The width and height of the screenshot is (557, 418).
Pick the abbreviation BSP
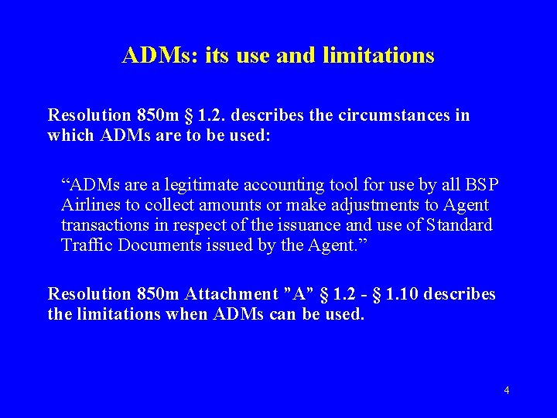pyautogui.click(x=482, y=184)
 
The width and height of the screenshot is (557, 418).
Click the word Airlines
pyautogui.click(x=87, y=205)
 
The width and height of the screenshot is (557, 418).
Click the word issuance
pyautogui.click(x=292, y=226)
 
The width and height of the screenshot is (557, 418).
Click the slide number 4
pyautogui.click(x=506, y=390)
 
